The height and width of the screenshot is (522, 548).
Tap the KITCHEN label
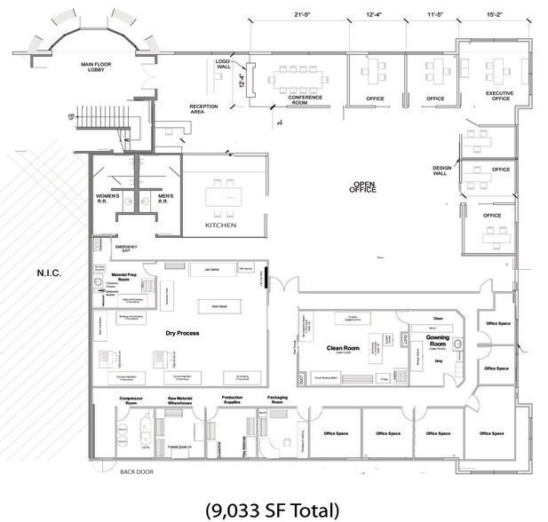[221, 225]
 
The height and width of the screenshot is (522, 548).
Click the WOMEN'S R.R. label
[110, 199]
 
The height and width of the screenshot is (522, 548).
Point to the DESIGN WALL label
[442, 170]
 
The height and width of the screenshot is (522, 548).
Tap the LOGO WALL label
[223, 64]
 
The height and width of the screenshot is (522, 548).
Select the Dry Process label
[182, 333]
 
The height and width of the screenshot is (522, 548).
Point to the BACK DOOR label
[137, 471]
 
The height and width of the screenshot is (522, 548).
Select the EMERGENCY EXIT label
[127, 249]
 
